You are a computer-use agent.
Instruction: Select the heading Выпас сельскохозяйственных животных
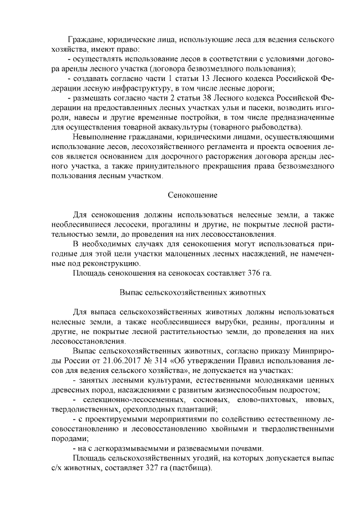point(192,293)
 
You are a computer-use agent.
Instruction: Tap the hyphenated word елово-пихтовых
point(258,400)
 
